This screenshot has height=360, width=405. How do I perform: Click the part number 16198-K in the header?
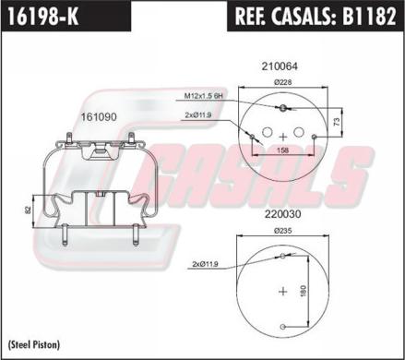click(43, 16)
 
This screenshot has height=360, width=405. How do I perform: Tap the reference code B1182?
click(369, 16)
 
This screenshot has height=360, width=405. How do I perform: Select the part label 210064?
click(280, 66)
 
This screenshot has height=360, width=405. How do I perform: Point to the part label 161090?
click(99, 117)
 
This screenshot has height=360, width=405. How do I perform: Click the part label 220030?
click(282, 214)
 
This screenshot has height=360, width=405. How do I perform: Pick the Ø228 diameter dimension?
click(283, 82)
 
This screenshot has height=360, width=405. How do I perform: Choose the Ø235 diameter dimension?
click(283, 231)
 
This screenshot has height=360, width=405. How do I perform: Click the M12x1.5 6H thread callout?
click(203, 96)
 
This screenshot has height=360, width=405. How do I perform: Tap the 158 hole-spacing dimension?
click(283, 150)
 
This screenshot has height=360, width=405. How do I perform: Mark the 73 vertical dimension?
click(337, 122)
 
